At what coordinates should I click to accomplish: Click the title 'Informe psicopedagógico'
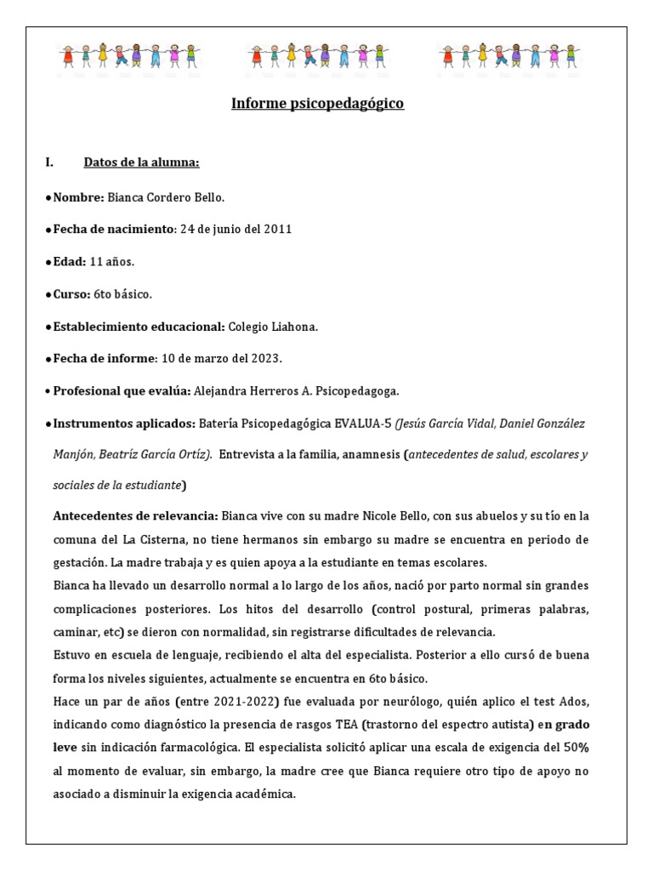[317, 104]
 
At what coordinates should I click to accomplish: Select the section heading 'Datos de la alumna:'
[141, 162]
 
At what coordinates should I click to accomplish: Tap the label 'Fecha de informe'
[105, 358]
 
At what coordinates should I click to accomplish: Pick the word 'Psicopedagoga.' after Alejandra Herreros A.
[356, 390]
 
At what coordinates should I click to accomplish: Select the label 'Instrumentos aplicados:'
[123, 423]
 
